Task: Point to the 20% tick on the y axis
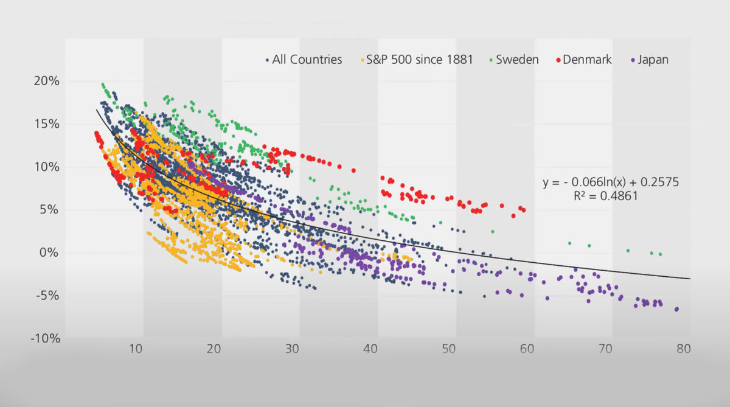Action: coord(47,81)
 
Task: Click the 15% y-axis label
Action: coord(47,124)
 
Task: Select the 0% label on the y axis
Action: coord(49,252)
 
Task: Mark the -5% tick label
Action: coord(46,296)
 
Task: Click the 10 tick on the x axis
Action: coord(135,349)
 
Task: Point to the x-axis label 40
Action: coord(370,349)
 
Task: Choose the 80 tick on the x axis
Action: coord(683,349)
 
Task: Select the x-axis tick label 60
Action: coord(527,349)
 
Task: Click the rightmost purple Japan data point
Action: coord(676,309)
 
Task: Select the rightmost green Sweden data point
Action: coord(660,254)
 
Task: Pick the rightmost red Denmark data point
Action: coord(523,210)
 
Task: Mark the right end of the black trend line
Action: coord(690,279)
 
